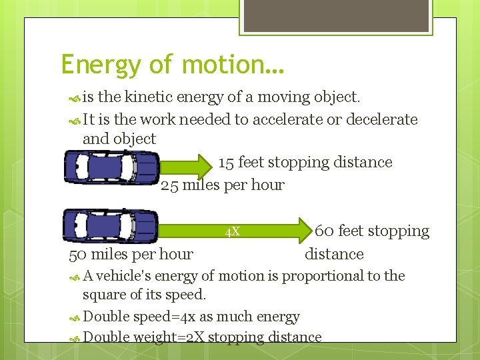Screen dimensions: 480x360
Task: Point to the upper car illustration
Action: pos(111,167)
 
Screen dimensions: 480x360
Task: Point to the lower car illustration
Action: pos(110,225)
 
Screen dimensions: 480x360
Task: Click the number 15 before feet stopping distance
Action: pos(226,163)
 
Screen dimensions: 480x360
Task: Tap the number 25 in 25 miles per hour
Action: pos(170,185)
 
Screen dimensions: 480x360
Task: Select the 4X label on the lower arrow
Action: pos(232,232)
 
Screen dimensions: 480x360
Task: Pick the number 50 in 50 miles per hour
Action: pos(78,254)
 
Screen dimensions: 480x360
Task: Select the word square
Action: pos(103,294)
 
